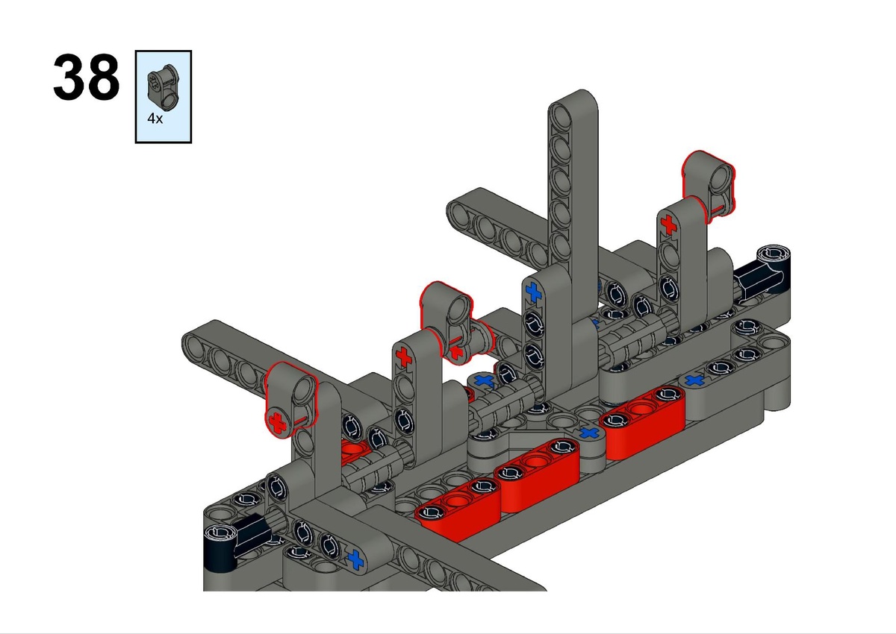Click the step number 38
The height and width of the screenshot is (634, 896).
[87, 77]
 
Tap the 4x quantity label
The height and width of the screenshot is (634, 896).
[155, 119]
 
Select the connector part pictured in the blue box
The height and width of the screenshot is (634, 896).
[163, 87]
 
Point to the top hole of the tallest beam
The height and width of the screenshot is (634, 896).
[562, 114]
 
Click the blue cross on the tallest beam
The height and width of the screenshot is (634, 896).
[533, 292]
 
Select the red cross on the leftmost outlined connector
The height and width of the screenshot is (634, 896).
[277, 423]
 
